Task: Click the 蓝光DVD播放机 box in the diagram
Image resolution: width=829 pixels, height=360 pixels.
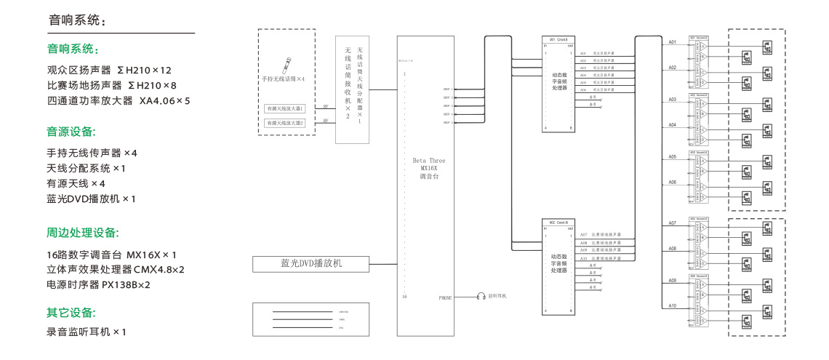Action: point(311,263)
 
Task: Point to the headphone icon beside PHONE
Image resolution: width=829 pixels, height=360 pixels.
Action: point(481,297)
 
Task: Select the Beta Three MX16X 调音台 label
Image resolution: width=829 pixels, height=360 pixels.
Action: point(429,168)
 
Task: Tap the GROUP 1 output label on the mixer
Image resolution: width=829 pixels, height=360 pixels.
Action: point(447,88)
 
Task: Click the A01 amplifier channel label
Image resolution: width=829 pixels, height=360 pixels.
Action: point(673,42)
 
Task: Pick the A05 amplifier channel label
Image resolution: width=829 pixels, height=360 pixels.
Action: point(673,156)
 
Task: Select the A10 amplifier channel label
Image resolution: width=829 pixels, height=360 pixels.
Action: point(673,305)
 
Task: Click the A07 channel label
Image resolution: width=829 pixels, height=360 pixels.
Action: point(673,223)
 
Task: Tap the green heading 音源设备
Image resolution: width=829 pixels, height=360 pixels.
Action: point(71,132)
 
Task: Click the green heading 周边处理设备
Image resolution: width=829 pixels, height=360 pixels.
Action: point(82,233)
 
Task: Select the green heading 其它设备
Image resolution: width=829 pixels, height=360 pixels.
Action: point(71,313)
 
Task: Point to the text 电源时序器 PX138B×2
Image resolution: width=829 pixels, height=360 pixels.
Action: point(98,284)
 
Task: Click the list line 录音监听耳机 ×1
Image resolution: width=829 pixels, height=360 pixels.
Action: point(87,332)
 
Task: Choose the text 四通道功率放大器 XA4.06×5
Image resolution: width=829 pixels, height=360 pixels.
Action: point(119,100)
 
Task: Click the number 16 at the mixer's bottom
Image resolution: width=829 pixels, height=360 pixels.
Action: point(404,297)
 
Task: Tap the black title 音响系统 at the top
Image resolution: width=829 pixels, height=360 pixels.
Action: point(76,20)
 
